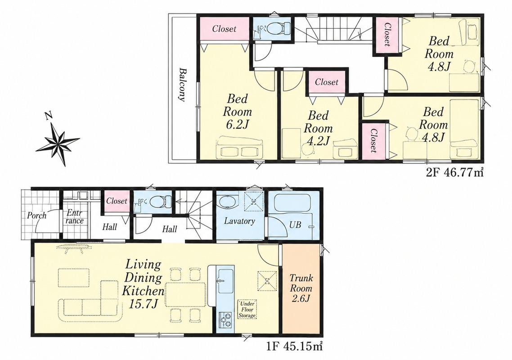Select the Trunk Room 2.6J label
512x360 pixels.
pyautogui.click(x=301, y=288)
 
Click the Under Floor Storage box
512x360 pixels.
pyautogui.click(x=247, y=309)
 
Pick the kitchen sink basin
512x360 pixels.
pyautogui.click(x=225, y=281)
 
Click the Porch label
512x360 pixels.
pyautogui.click(x=36, y=216)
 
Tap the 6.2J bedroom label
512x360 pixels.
pyautogui.click(x=238, y=112)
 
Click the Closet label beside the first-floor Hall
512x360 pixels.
pyautogui.click(x=117, y=201)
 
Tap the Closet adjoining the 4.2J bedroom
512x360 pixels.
pyautogui.click(x=327, y=81)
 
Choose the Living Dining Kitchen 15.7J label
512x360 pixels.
pyautogui.click(x=142, y=284)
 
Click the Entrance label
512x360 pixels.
pyautogui.click(x=75, y=216)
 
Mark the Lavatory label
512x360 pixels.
pyautogui.click(x=239, y=221)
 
